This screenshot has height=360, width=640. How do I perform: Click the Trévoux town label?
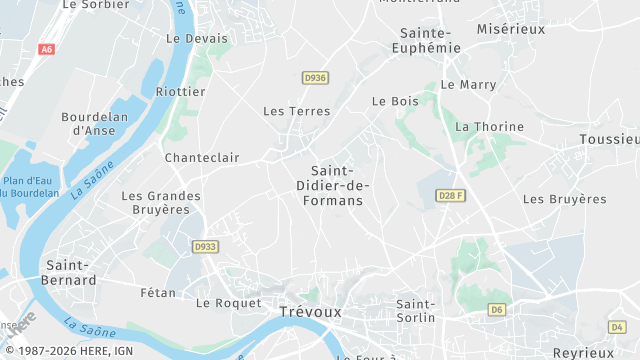click(x=309, y=311)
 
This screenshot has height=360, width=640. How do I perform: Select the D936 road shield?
click(x=315, y=77)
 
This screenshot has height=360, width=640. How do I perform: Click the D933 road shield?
click(x=205, y=246)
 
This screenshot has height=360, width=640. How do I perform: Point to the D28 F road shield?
click(x=452, y=196)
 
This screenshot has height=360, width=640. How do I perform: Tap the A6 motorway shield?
click(x=46, y=49)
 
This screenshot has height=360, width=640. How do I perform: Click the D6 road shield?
click(x=497, y=310)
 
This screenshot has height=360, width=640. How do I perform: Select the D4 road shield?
click(x=617, y=327)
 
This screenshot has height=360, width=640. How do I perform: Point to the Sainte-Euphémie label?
click(x=425, y=40)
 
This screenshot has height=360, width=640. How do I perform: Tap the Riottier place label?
click(x=181, y=91)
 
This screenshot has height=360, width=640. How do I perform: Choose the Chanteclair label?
click(x=202, y=157)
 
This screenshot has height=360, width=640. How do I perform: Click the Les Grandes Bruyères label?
click(x=161, y=203)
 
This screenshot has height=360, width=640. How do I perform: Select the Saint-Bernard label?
click(x=71, y=273)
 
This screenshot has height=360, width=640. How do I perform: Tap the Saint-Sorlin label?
click(x=416, y=310)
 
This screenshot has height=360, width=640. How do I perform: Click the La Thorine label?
click(x=489, y=127)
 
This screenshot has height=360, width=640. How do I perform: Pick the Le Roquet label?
click(x=228, y=302)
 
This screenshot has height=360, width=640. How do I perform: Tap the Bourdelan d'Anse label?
click(x=94, y=123)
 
